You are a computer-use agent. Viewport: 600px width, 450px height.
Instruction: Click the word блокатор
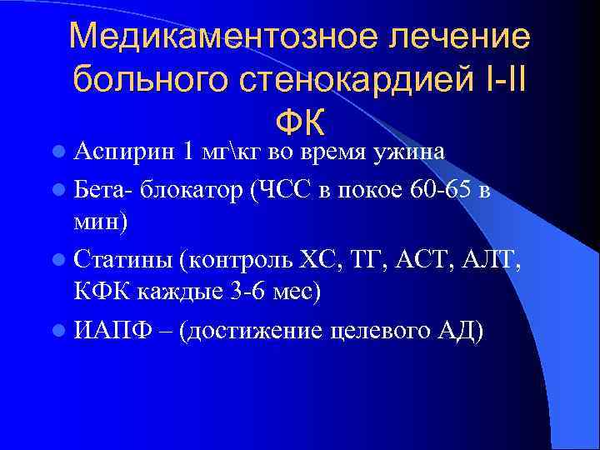point(192,189)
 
